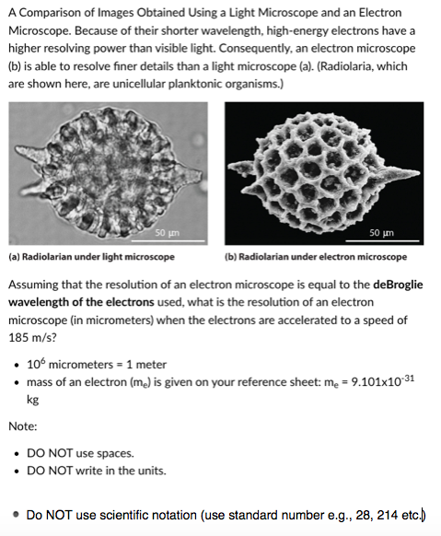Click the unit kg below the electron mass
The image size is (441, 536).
[x=34, y=401]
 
